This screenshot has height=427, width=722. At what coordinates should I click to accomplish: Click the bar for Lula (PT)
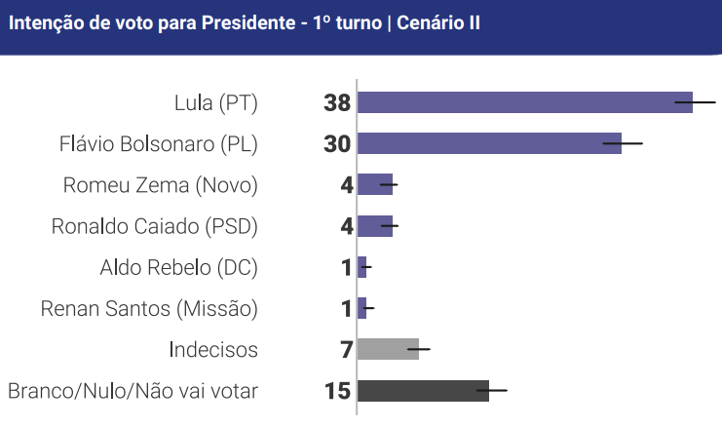point(524,102)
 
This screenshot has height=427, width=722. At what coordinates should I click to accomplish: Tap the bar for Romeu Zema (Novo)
point(374,184)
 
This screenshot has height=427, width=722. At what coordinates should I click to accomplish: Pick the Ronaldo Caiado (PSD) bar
point(374,226)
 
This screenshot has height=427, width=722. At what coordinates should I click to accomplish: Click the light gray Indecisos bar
point(388,349)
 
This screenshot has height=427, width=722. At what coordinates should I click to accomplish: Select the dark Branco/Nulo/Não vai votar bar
point(423,391)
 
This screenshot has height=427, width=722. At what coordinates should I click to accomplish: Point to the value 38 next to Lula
point(337,102)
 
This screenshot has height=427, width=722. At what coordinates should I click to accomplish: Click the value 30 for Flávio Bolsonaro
point(337,143)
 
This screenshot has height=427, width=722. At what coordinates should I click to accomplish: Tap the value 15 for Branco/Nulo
point(337,391)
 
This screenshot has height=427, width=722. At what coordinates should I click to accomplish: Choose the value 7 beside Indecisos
point(346,349)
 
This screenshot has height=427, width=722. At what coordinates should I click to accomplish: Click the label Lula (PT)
point(215,102)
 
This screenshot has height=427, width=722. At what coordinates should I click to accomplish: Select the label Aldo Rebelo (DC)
point(178,267)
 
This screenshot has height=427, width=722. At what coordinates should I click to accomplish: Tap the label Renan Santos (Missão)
point(149,309)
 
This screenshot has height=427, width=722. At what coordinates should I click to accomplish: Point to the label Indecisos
point(212,350)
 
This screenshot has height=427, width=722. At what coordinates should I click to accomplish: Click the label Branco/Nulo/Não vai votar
point(133,391)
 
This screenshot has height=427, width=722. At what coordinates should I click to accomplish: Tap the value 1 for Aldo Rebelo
point(347,267)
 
